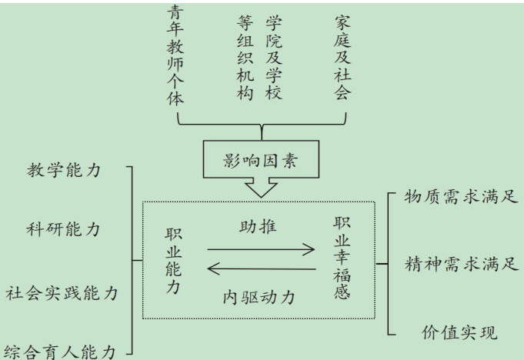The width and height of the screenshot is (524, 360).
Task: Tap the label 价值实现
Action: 459,332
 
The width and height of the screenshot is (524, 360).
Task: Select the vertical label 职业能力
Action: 172,261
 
